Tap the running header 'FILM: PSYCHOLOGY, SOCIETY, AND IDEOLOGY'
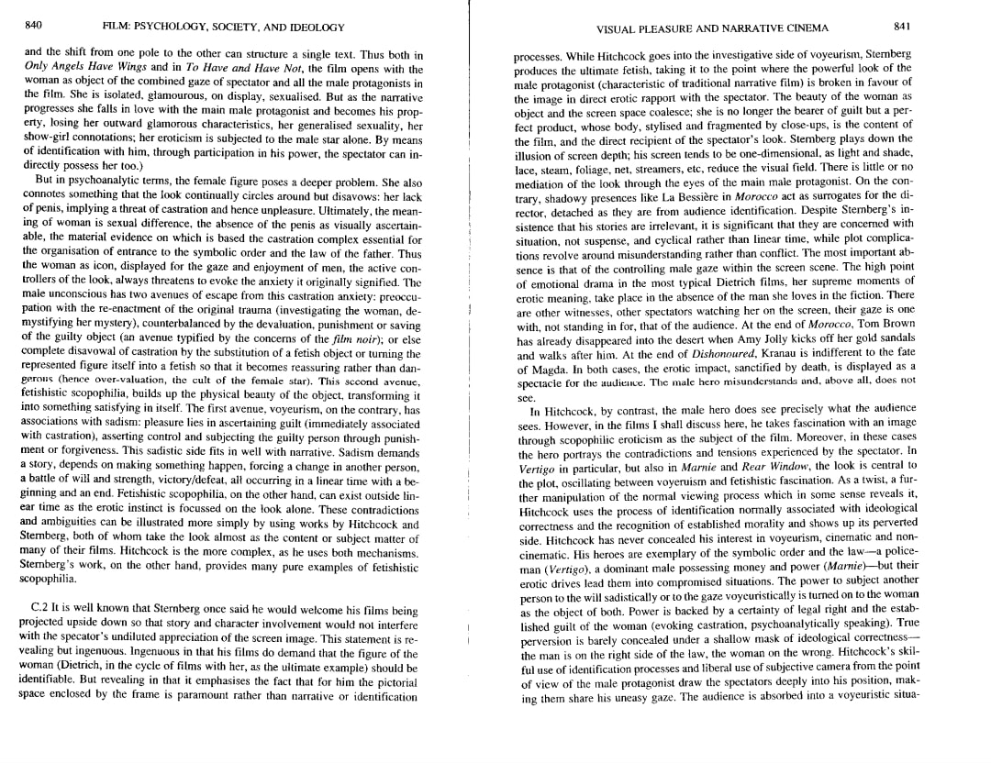coord(223,28)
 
